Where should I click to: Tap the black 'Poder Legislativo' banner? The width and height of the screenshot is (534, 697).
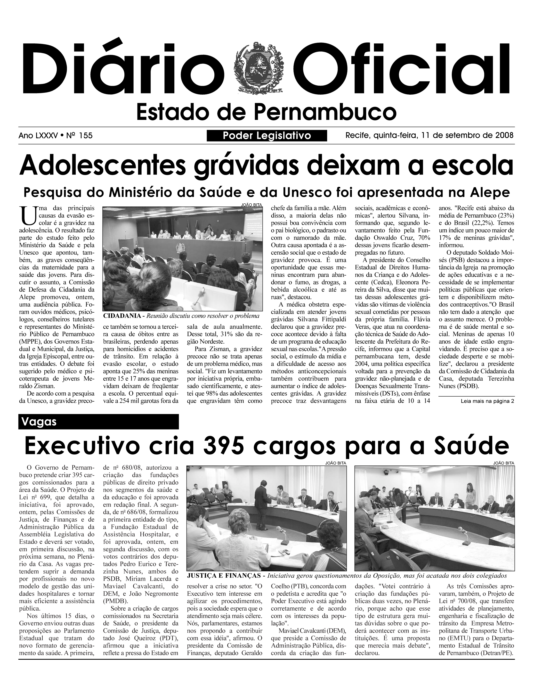click(267, 136)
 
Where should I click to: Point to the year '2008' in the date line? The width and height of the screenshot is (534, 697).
click(504, 135)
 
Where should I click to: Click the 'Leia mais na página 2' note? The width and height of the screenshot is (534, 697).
click(487, 401)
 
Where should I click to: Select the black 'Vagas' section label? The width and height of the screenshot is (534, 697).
click(98, 422)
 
